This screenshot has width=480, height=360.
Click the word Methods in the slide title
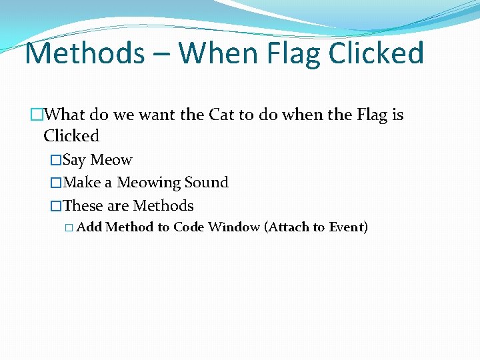pyautogui.click(x=84, y=53)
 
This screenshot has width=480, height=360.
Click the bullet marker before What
pyautogui.click(x=35, y=115)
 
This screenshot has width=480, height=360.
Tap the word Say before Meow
pyautogui.click(x=75, y=160)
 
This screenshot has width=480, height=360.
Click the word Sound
pyautogui.click(x=207, y=183)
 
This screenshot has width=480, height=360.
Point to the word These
pyautogui.click(x=83, y=206)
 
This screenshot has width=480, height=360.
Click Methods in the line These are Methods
pyautogui.click(x=163, y=206)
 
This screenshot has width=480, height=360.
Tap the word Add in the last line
pyautogui.click(x=89, y=227)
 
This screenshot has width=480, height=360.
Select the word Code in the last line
pyautogui.click(x=189, y=227)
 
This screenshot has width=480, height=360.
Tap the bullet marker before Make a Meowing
pyautogui.click(x=56, y=183)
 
